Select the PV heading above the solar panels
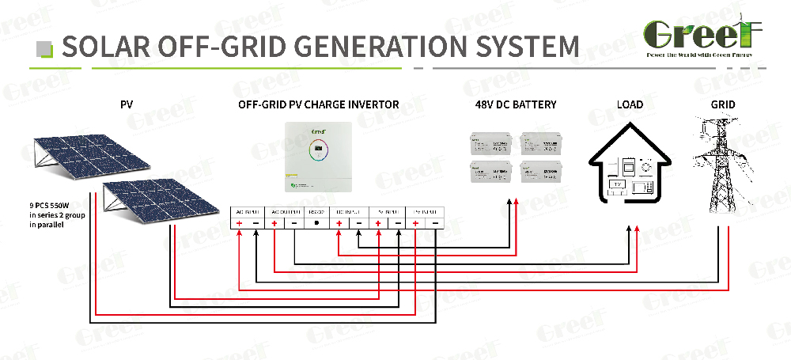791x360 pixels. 127,104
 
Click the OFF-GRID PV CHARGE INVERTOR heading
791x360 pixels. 318,104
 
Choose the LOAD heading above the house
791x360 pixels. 630,104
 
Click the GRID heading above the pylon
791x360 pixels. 723,104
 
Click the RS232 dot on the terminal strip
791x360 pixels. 317,224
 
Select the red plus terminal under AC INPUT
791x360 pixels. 240,224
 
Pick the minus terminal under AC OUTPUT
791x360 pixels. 294,224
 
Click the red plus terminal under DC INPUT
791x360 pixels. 339,224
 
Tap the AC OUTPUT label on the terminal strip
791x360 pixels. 284,211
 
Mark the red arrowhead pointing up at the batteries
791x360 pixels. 516,203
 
